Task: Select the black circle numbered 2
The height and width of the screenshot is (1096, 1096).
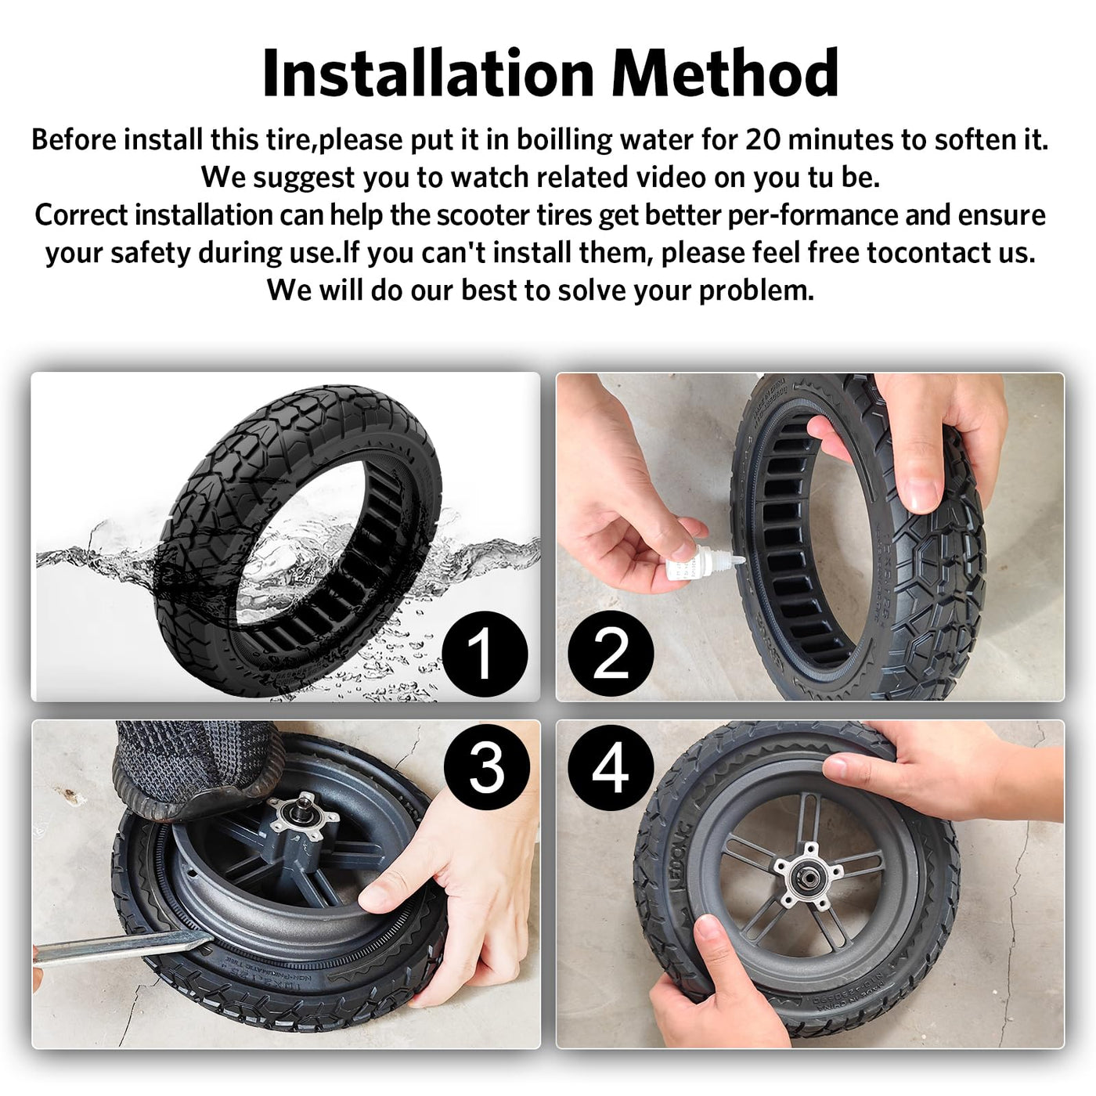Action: (x=611, y=654)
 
